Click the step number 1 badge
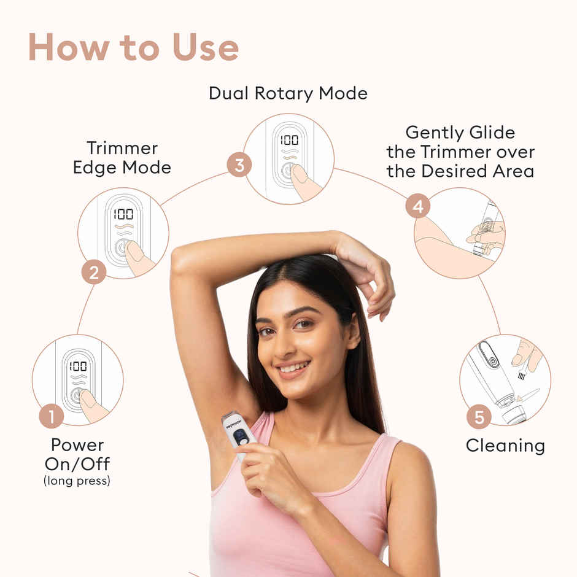point(51,417)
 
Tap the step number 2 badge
point(93,272)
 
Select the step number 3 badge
point(239,165)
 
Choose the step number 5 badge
point(478,417)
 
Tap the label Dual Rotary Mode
point(288,93)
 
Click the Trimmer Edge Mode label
point(122,158)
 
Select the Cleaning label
point(505,446)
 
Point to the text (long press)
point(77,481)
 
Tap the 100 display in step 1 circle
point(78,366)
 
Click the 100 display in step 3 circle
point(289,140)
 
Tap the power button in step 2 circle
point(122,248)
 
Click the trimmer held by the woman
point(238,433)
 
